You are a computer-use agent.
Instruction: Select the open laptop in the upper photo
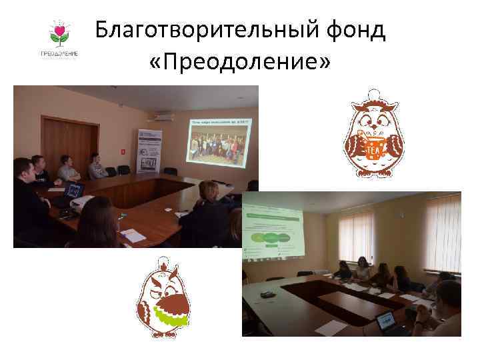point(74,191)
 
